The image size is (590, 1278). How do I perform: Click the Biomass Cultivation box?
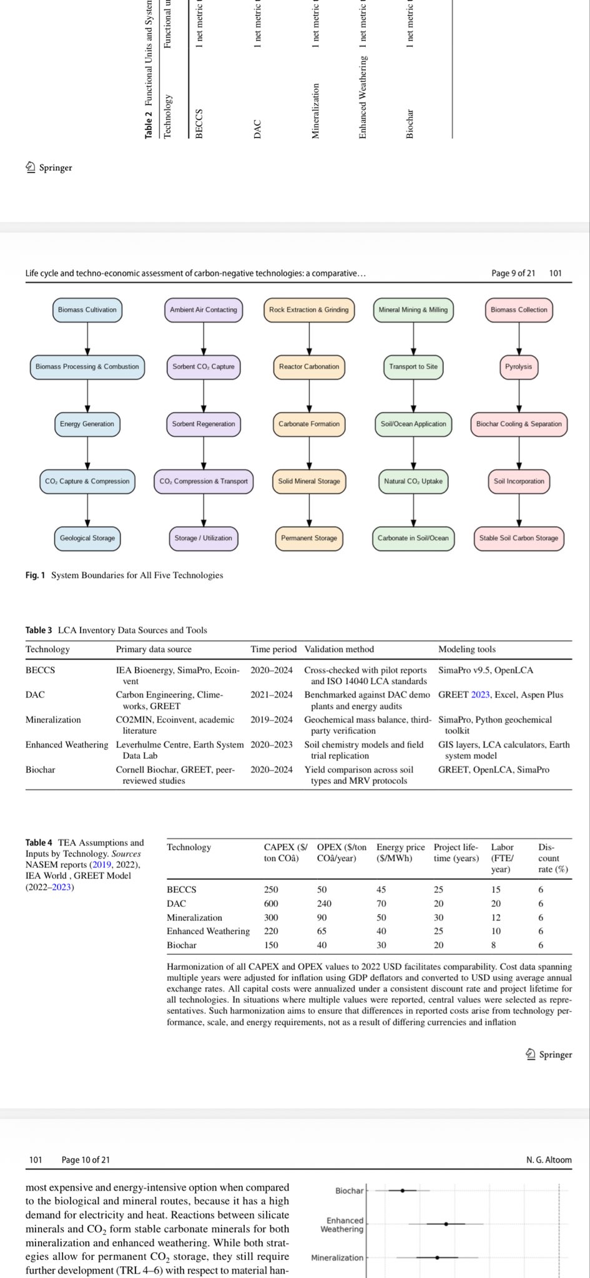tap(87, 310)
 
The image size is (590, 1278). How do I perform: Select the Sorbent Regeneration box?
tap(204, 424)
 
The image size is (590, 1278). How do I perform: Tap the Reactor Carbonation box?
tap(309, 367)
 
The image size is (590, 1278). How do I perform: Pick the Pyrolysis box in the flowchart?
tap(519, 367)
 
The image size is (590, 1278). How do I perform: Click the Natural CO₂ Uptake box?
tap(413, 481)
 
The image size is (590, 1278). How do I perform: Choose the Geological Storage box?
tap(87, 539)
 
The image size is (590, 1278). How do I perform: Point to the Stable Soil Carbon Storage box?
tap(519, 539)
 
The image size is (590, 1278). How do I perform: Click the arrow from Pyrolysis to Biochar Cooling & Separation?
tap(519, 396)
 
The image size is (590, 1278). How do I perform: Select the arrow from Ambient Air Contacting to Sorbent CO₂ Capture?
tap(204, 338)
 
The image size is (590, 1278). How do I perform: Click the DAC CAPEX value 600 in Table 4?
tap(271, 904)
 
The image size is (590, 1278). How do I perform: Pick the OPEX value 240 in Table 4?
tap(324, 904)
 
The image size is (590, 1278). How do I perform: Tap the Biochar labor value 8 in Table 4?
tap(493, 945)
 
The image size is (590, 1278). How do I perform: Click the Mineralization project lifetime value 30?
tap(439, 918)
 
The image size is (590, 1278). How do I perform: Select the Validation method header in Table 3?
tap(339, 650)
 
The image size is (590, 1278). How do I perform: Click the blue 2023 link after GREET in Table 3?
tap(480, 695)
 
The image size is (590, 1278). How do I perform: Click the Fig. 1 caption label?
tap(35, 575)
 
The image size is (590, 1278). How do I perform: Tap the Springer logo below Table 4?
tap(549, 1055)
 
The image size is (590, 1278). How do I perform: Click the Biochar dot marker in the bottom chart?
tap(403, 1191)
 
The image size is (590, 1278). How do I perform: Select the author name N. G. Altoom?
tap(549, 1160)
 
